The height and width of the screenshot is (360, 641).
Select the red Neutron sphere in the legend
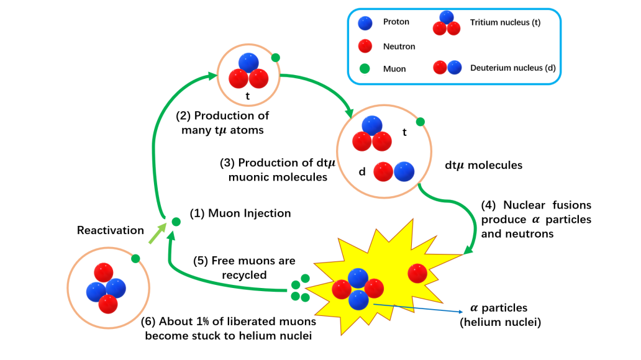point(366,46)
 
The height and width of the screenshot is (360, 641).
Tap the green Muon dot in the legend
point(366,69)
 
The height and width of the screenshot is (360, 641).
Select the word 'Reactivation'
point(111,230)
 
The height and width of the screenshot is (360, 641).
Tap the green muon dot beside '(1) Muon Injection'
point(176,221)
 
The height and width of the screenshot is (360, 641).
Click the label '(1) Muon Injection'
point(241,214)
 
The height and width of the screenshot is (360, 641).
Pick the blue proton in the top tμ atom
point(248,63)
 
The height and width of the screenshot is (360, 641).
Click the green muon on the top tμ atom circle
point(276,58)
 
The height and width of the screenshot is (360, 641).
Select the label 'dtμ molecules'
point(484,166)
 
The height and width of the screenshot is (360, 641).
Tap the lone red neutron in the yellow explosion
point(417,274)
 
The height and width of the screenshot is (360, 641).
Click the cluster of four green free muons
point(300,289)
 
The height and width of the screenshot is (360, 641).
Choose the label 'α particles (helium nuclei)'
point(498,314)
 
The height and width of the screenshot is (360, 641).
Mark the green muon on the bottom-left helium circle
point(135,258)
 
